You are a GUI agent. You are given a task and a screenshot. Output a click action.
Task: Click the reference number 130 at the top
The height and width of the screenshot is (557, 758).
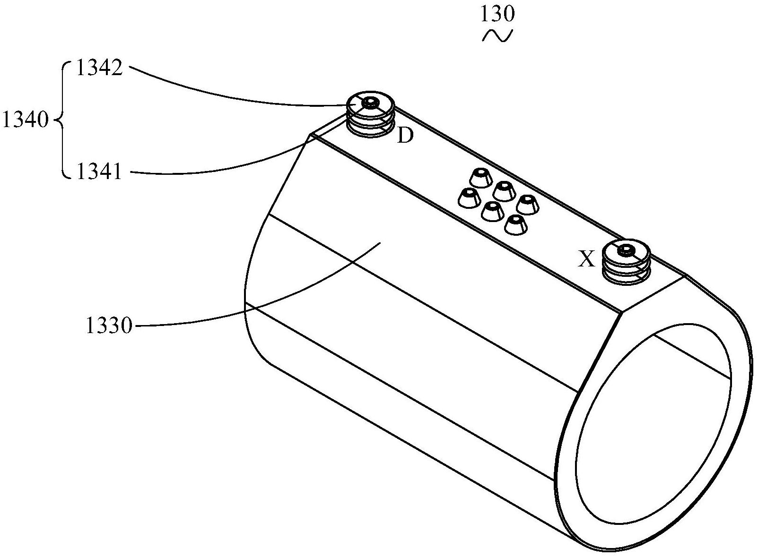(497, 14)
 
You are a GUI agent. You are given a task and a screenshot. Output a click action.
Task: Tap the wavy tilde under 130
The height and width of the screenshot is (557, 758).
(497, 36)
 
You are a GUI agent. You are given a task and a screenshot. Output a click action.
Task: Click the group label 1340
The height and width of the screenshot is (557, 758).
(25, 121)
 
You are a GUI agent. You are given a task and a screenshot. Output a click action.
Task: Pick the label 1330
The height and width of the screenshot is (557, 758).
(109, 326)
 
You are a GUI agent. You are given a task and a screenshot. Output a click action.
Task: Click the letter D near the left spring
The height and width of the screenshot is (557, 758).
(405, 137)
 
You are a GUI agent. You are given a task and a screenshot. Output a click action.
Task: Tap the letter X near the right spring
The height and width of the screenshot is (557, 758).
(587, 259)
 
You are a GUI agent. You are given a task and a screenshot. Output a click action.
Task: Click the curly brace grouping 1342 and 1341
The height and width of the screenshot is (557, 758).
(63, 121)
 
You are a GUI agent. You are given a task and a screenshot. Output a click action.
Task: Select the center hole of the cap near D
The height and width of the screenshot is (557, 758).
(370, 102)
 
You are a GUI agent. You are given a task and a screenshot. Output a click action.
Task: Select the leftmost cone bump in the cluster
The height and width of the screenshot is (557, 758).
(468, 198)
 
